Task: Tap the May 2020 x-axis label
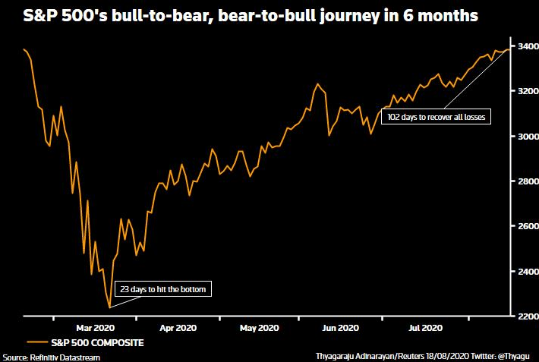(259, 328)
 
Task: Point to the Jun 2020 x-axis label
(340, 328)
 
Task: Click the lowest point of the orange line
(109, 307)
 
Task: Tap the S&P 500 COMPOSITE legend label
(97, 343)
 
